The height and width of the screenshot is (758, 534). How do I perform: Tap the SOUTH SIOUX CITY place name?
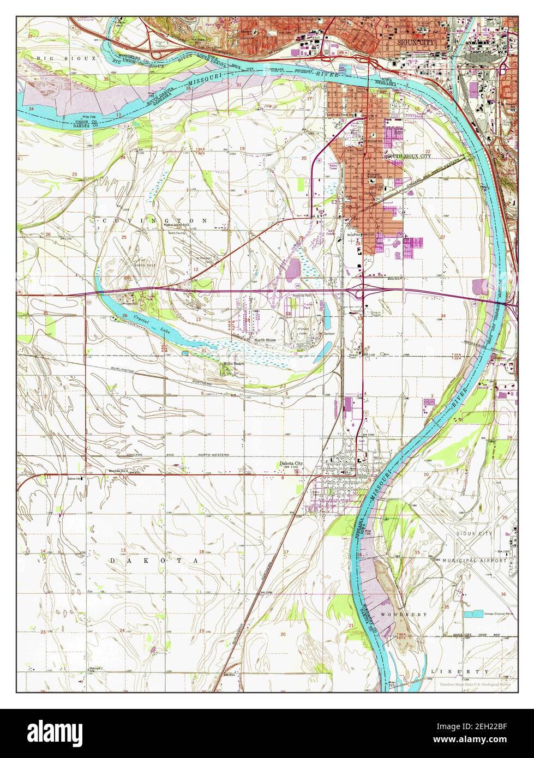[409, 156]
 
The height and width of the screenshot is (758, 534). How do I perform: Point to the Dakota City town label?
[291, 464]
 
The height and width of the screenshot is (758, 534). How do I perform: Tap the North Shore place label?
[265, 340]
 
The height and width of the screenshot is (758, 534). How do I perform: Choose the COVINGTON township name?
[153, 220]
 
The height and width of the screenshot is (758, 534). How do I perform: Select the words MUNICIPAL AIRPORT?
[468, 561]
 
